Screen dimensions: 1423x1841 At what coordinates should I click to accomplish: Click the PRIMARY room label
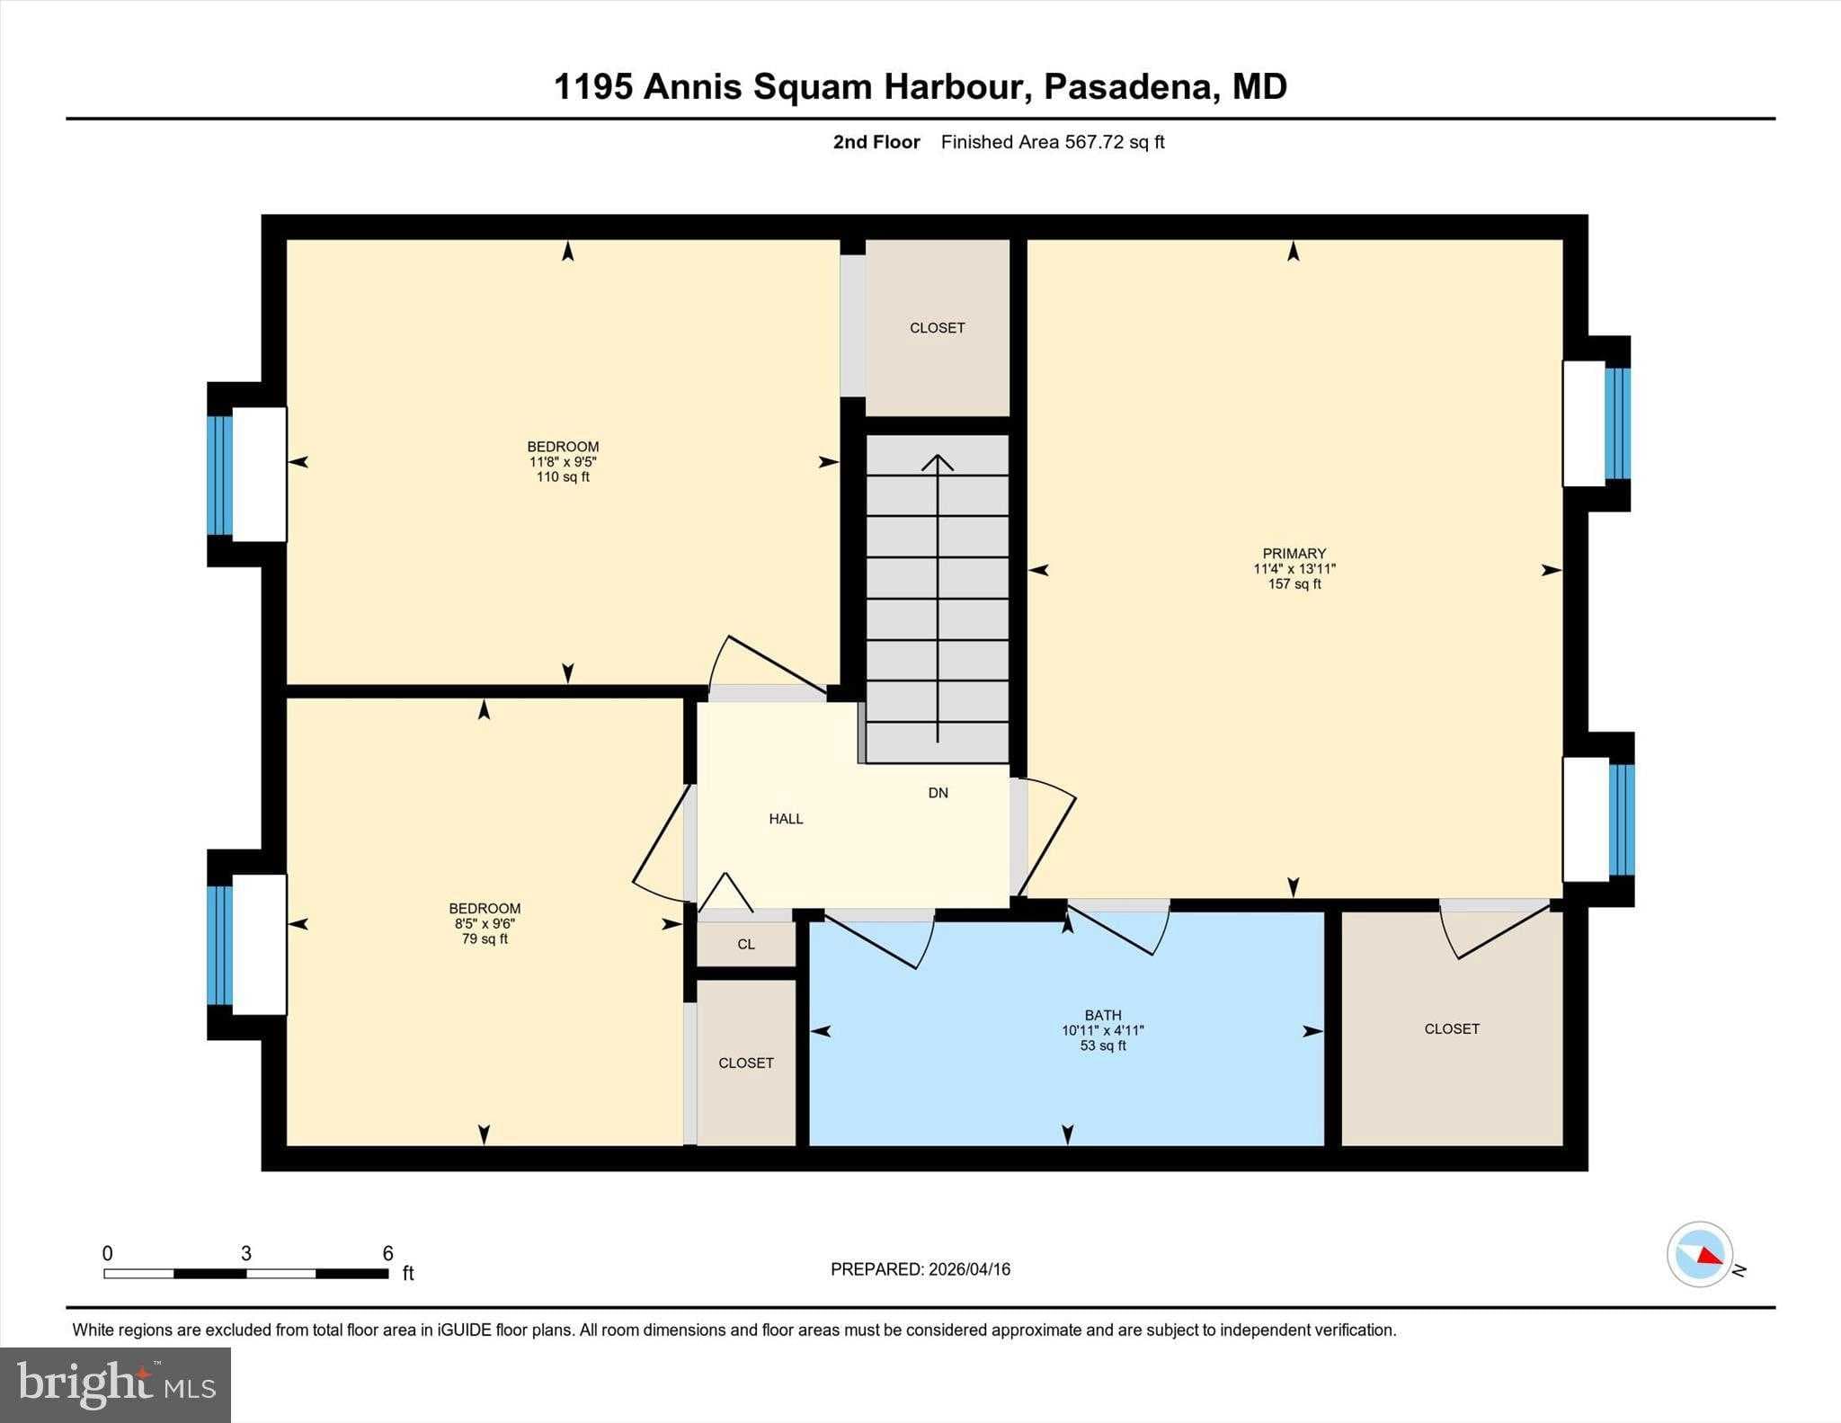[1294, 554]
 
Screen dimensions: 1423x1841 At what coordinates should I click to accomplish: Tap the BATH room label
[1102, 1015]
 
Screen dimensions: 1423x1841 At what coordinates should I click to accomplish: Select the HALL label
[786, 819]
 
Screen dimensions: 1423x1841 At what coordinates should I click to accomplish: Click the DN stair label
[938, 793]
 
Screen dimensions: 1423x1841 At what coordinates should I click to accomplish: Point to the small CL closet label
[746, 944]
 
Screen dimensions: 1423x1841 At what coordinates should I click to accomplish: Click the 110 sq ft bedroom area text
[563, 477]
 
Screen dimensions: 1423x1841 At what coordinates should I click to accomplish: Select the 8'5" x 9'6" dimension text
[485, 923]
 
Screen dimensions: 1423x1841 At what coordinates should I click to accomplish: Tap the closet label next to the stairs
[937, 328]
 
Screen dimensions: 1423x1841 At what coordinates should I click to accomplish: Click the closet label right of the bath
[1451, 1029]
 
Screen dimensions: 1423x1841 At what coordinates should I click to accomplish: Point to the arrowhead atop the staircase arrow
[938, 461]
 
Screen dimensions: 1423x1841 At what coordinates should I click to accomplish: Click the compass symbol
[1699, 1254]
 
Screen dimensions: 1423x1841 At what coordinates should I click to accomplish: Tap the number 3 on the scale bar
[245, 1253]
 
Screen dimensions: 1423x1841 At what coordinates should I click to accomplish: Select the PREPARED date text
[920, 1269]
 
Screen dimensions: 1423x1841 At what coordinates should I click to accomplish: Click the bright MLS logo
[115, 1384]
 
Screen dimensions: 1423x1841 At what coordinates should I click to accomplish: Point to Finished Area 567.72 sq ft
[1052, 142]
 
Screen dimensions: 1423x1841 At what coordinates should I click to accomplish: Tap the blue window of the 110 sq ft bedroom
[219, 475]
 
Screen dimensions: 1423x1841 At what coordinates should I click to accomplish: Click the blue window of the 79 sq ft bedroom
[219, 945]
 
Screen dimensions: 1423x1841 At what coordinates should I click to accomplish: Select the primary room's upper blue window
[1617, 423]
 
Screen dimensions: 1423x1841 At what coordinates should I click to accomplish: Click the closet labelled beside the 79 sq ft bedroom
[745, 1063]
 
